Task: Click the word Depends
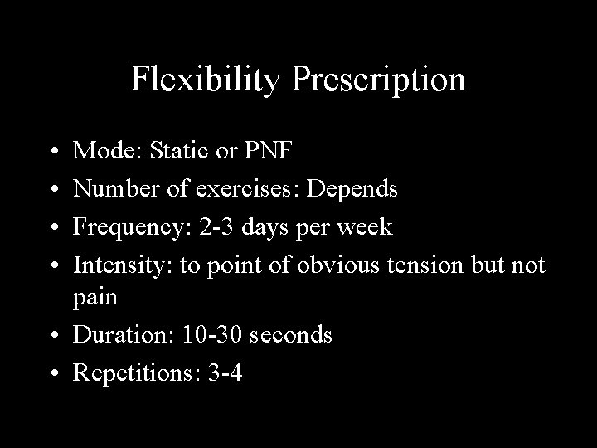point(352,189)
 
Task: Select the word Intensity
point(116,265)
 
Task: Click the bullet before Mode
point(53,153)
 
